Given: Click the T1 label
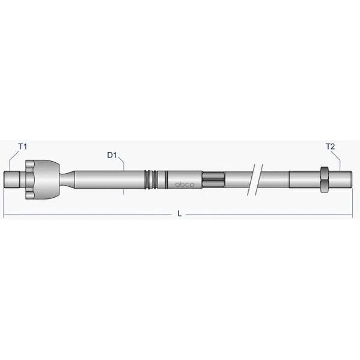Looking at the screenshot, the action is pyautogui.click(x=22, y=146).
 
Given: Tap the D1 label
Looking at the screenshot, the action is pyautogui.click(x=112, y=155).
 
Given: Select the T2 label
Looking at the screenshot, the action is pyautogui.click(x=331, y=146).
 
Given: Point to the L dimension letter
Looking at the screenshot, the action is pyautogui.click(x=180, y=214).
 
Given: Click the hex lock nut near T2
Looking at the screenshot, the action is pyautogui.click(x=324, y=180).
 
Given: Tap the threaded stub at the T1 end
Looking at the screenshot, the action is pyautogui.click(x=12, y=180).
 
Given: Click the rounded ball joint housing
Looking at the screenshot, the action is pyautogui.click(x=47, y=179).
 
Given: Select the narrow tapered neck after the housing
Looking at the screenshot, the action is pyautogui.click(x=67, y=179).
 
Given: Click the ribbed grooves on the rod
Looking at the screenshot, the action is pyautogui.click(x=151, y=180).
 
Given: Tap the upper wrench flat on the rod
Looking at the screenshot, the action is pyautogui.click(x=213, y=175).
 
